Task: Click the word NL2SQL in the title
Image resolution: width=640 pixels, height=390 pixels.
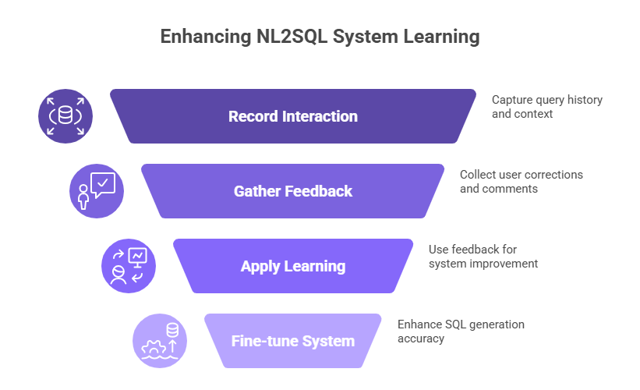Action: (289, 37)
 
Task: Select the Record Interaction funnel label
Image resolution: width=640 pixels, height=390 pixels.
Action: (292, 116)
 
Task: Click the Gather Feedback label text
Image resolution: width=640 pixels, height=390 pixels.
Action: (292, 191)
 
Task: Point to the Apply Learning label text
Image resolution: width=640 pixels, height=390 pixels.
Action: (292, 266)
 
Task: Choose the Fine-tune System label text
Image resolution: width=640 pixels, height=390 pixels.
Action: (292, 341)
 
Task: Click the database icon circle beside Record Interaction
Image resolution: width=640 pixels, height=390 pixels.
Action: (65, 117)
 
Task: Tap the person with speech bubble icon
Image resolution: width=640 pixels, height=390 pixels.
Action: (97, 191)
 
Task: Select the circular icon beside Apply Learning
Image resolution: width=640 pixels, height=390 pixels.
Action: (129, 266)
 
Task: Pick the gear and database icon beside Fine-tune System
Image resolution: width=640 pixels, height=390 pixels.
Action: (160, 341)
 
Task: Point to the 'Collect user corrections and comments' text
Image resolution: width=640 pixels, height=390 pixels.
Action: (521, 181)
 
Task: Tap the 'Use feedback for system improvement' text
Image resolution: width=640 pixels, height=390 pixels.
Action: (483, 257)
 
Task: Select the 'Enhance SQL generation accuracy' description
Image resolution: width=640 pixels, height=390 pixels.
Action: (460, 331)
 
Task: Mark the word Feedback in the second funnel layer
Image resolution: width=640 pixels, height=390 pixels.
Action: (320, 191)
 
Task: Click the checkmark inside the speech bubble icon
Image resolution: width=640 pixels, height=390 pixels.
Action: (104, 182)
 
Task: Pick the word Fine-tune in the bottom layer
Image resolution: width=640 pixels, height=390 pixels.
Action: (262, 341)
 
